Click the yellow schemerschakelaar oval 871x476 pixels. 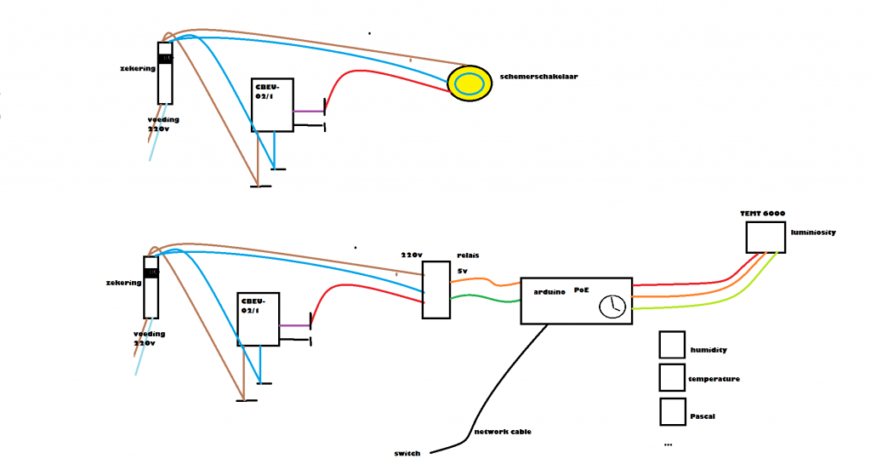[x=470, y=83]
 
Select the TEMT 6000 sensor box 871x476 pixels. [x=765, y=237]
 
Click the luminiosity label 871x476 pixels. [x=812, y=232]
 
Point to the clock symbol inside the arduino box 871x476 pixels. [x=612, y=307]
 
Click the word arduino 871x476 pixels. [x=550, y=291]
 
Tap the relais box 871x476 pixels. [x=435, y=290]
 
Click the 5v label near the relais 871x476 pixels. [x=463, y=271]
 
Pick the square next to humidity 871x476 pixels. [x=672, y=345]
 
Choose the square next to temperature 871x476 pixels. [x=672, y=377]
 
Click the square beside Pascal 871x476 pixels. [x=672, y=411]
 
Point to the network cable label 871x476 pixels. [x=503, y=432]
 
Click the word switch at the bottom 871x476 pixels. [x=407, y=453]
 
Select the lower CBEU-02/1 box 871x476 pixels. [x=259, y=318]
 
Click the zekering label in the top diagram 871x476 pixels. [x=138, y=68]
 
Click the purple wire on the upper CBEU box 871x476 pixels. [x=307, y=112]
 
